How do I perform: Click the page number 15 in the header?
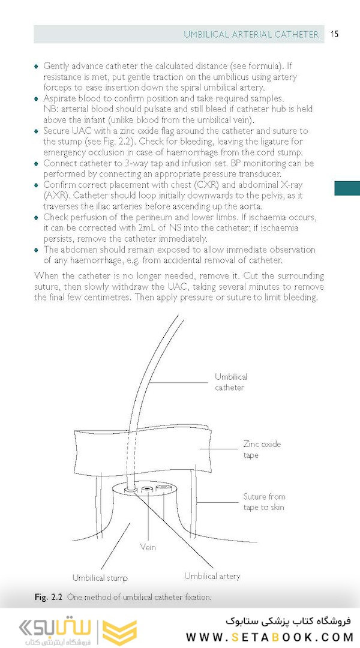(x=335, y=34)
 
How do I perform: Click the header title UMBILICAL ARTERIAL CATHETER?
(x=251, y=35)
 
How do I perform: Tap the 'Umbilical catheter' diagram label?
(x=230, y=382)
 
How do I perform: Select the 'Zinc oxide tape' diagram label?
(x=262, y=450)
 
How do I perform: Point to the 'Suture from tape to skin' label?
(x=264, y=502)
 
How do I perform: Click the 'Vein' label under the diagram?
(x=148, y=547)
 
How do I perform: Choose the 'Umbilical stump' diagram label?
(x=100, y=578)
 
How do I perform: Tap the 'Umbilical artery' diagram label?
(x=212, y=576)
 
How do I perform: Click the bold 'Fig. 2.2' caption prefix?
(x=48, y=598)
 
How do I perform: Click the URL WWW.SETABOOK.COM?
(x=268, y=637)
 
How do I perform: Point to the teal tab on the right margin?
(x=347, y=188)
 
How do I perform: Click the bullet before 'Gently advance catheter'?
(x=37, y=66)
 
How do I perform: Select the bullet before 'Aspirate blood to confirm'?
(x=37, y=98)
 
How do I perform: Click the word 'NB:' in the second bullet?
(x=52, y=109)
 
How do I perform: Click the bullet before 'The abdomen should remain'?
(x=37, y=250)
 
